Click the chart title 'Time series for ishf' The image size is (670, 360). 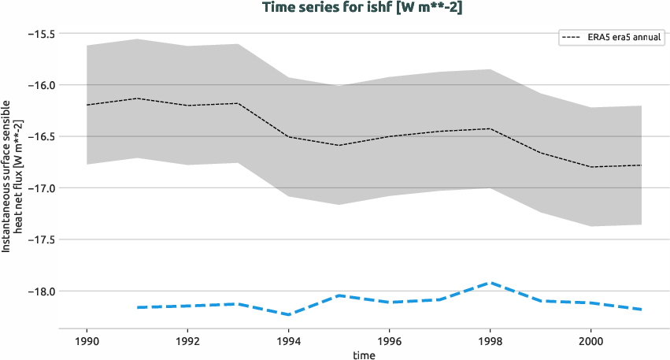click(x=335, y=7)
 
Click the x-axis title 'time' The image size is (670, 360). click(x=364, y=354)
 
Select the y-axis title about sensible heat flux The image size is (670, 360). click(x=12, y=175)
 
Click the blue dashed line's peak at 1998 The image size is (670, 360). click(x=490, y=282)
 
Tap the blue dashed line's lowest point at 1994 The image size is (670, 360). click(x=288, y=314)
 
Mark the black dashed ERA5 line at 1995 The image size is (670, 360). click(x=339, y=145)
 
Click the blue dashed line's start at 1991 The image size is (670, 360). click(x=137, y=307)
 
